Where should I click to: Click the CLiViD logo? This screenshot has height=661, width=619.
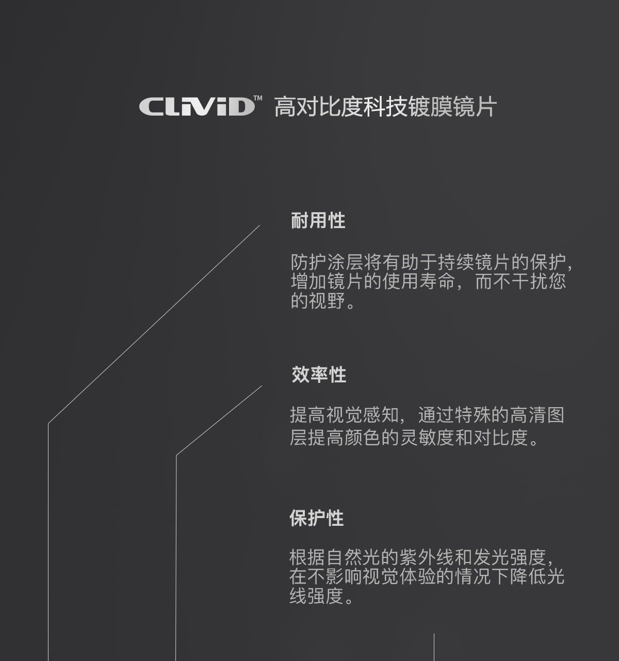click(197, 106)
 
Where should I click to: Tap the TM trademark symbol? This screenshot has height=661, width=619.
click(258, 98)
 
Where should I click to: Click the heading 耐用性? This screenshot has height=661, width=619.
click(318, 220)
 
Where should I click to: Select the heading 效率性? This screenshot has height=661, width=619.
click(319, 375)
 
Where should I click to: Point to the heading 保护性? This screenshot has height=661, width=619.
click(317, 518)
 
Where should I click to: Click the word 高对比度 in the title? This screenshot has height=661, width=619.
click(318, 107)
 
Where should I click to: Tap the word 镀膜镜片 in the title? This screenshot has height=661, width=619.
click(452, 107)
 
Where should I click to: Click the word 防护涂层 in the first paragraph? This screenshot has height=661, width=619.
click(328, 262)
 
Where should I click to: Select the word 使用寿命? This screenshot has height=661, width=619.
click(419, 281)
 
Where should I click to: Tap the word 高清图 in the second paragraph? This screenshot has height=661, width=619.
click(537, 415)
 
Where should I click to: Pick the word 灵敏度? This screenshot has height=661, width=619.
click(427, 437)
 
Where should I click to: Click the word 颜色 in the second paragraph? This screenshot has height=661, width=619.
click(363, 437)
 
